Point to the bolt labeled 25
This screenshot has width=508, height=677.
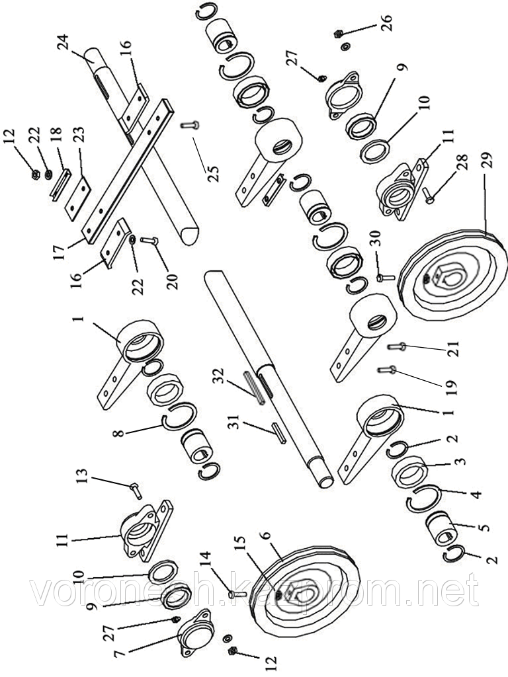coord(190,125)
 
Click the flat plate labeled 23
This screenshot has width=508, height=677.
coord(78,196)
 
